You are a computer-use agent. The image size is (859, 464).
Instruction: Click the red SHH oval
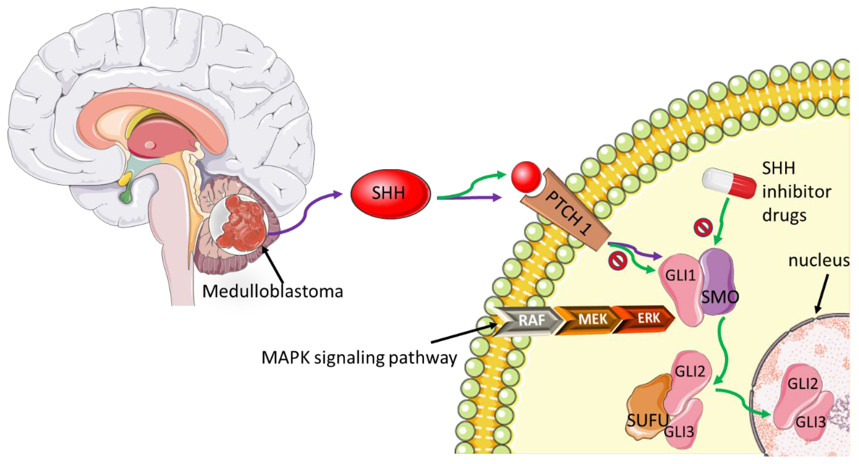point(390,194)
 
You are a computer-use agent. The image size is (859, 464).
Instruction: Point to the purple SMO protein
point(717,283)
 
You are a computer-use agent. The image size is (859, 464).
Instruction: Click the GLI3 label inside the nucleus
point(810,422)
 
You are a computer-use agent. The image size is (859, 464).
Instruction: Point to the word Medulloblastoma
point(272,291)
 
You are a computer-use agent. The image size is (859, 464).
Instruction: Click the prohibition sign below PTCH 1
point(617,261)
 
